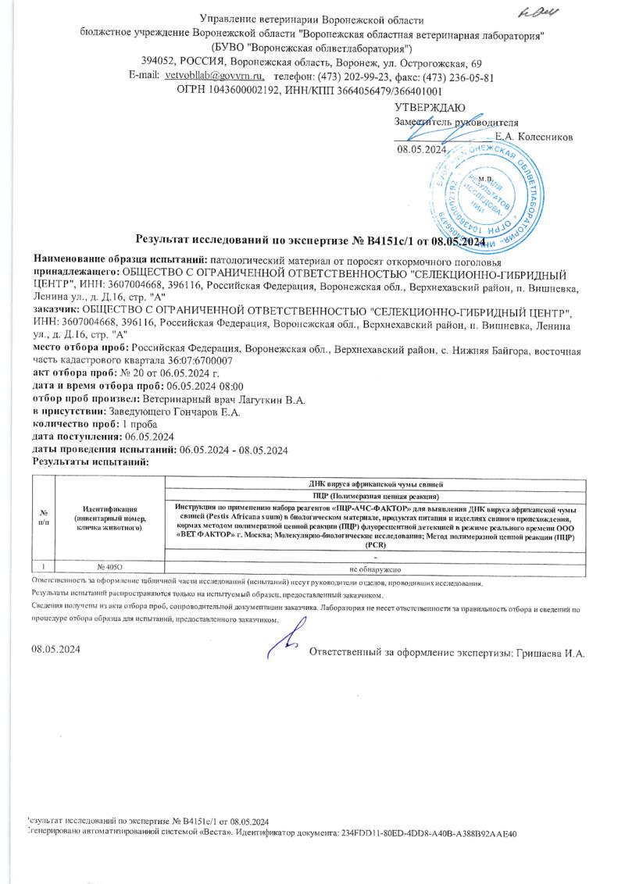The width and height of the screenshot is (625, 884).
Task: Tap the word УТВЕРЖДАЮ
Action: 430,107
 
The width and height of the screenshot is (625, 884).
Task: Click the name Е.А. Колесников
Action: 534,136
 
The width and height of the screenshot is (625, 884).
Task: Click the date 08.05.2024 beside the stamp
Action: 421,149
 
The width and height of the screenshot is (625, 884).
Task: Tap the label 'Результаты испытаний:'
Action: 91,462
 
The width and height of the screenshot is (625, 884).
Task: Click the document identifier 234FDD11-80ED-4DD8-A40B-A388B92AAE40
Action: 430,834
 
